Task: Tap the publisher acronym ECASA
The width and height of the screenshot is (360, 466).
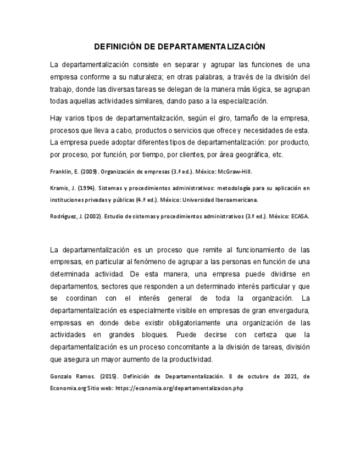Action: (x=300, y=216)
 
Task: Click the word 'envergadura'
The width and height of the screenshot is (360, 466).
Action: (x=290, y=310)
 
